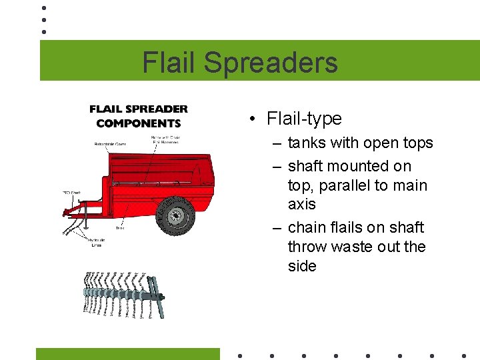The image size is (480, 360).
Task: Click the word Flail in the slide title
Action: click(169, 63)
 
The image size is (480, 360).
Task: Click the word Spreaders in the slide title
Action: click(271, 63)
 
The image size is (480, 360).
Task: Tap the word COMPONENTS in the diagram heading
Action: click(139, 123)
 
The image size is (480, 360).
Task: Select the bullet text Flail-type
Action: click(304, 119)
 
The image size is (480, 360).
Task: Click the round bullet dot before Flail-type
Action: click(253, 119)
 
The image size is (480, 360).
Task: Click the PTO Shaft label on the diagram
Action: click(71, 193)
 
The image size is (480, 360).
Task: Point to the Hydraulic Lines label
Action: click(97, 243)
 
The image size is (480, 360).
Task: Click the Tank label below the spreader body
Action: click(119, 228)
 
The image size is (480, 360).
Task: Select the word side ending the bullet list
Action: click(302, 266)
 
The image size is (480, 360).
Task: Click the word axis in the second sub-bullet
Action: click(302, 204)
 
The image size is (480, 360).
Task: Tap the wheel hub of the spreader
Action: click(177, 215)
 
